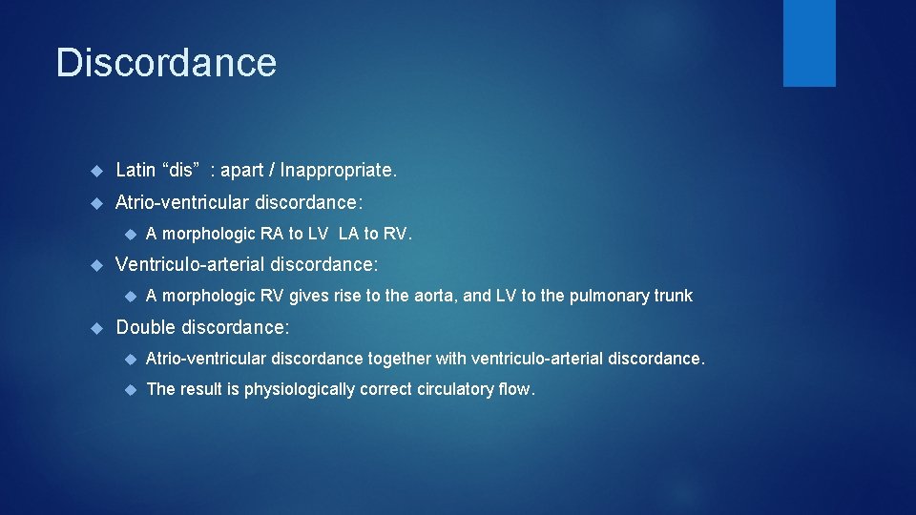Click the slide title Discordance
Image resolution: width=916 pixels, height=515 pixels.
pyautogui.click(x=166, y=63)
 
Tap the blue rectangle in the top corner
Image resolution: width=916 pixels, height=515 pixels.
pyautogui.click(x=809, y=43)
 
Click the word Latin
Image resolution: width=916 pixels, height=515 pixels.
pyautogui.click(x=135, y=171)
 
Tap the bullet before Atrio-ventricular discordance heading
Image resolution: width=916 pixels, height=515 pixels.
pyautogui.click(x=95, y=202)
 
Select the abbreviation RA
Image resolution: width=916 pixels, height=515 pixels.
pyautogui.click(x=271, y=234)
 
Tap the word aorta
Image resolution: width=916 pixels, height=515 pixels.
pyautogui.click(x=436, y=296)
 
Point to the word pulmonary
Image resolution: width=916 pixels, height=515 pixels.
pyautogui.click(x=603, y=296)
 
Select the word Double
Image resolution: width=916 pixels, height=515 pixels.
pyautogui.click(x=146, y=327)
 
